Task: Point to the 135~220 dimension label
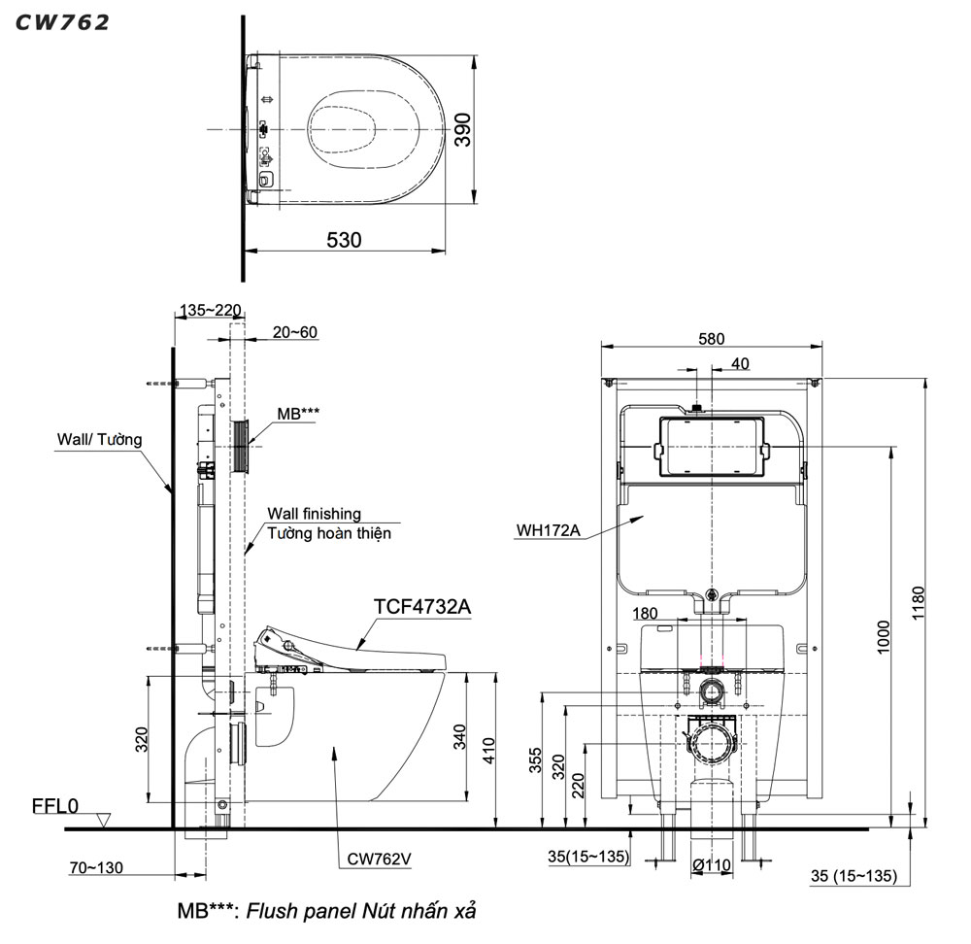tap(210, 311)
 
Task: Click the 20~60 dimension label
tap(294, 332)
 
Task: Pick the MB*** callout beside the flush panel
tap(297, 414)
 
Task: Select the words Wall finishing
tap(314, 514)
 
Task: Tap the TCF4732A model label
tap(422, 607)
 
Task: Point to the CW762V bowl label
tap(380, 858)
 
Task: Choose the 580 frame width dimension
tap(712, 339)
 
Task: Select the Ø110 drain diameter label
tap(711, 865)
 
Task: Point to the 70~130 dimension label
tap(96, 867)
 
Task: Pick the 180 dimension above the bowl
tap(646, 614)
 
